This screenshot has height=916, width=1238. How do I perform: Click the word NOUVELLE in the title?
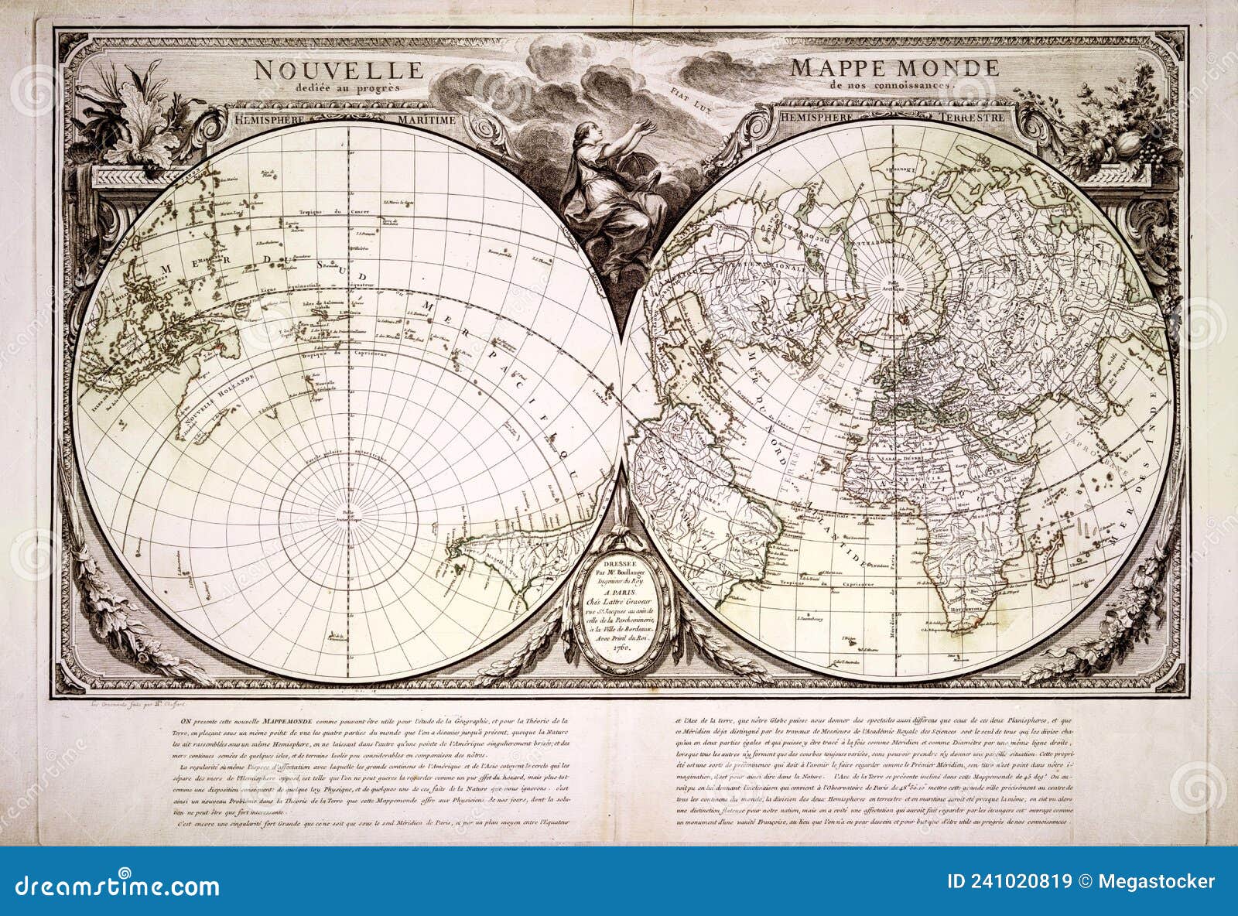(x=339, y=70)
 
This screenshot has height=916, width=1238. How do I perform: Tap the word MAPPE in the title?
(x=837, y=68)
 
